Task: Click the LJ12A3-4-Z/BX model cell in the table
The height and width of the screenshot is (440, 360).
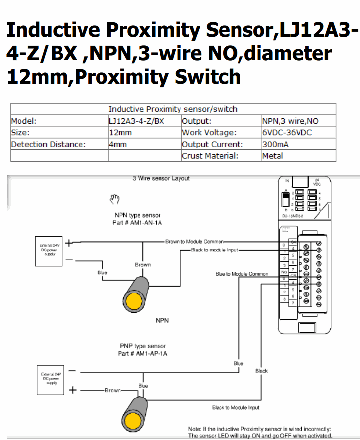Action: point(136,121)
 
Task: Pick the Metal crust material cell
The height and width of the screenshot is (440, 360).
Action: point(273,156)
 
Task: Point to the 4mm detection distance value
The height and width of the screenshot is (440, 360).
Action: point(118,144)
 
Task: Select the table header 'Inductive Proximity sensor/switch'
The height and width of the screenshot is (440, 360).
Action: point(173,109)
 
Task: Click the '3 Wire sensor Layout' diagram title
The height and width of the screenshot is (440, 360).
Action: point(161,178)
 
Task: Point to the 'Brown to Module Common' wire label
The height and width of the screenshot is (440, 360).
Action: point(195,242)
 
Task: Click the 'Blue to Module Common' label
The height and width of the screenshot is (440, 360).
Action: point(242,274)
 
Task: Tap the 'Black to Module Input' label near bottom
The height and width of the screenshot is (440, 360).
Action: point(236,407)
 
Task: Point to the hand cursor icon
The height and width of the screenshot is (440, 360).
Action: point(115,199)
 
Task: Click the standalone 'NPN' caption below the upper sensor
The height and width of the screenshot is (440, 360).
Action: point(162,320)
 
